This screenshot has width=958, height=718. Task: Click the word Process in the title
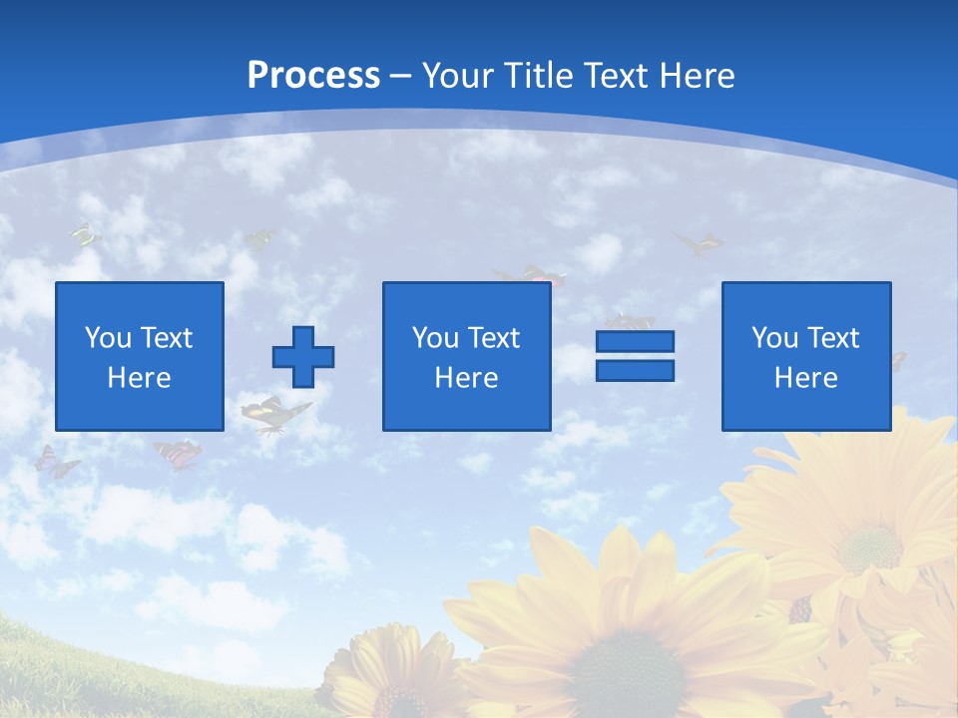point(313,76)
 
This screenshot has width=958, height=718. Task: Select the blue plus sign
point(303,356)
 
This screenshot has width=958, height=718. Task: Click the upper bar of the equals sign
point(635,341)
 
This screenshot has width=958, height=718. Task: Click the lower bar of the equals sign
point(635,371)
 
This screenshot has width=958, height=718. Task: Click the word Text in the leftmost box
point(166,338)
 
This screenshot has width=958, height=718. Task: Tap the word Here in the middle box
point(467,378)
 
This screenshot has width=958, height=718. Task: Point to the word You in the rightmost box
point(774,338)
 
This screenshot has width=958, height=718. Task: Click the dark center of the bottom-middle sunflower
point(617,670)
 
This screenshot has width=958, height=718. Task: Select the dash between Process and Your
point(401,76)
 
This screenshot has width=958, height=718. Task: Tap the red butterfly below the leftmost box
point(178,454)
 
